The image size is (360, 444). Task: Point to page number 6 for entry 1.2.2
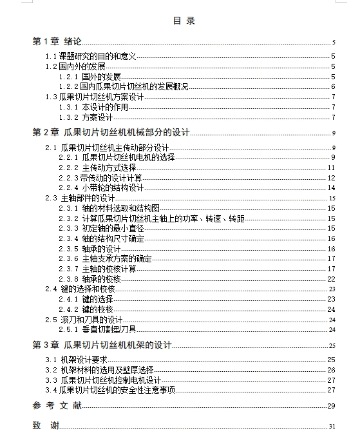333,86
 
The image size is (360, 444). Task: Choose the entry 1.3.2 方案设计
86,117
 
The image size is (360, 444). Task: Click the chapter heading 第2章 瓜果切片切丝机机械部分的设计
111,133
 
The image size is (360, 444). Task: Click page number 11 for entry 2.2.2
332,168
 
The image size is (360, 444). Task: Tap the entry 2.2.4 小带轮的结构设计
101,188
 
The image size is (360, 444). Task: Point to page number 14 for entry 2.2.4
332,188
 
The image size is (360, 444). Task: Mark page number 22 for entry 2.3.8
332,278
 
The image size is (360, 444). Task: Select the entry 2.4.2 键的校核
86,309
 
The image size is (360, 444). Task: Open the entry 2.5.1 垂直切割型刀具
97,329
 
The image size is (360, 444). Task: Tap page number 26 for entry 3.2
332,370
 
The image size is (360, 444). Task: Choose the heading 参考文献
57,405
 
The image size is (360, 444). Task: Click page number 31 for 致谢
332,426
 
